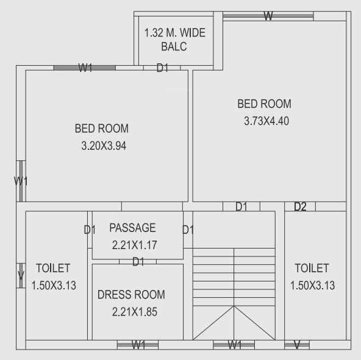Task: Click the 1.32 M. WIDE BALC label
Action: tap(175, 40)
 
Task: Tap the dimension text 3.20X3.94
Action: tap(103, 146)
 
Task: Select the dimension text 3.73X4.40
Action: tap(266, 121)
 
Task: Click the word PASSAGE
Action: tap(132, 228)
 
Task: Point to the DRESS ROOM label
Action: tap(131, 295)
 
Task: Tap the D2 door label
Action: tap(300, 207)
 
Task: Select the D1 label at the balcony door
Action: tap(162, 68)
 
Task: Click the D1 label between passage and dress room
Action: tap(138, 261)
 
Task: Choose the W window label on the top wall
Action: tap(268, 16)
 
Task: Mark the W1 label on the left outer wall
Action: tap(21, 181)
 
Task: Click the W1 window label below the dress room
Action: tap(138, 345)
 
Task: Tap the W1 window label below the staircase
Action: tap(234, 345)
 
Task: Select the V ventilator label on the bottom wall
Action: tap(297, 345)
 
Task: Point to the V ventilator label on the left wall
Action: tap(21, 276)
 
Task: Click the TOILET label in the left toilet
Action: tap(53, 268)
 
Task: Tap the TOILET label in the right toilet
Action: tap(312, 268)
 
